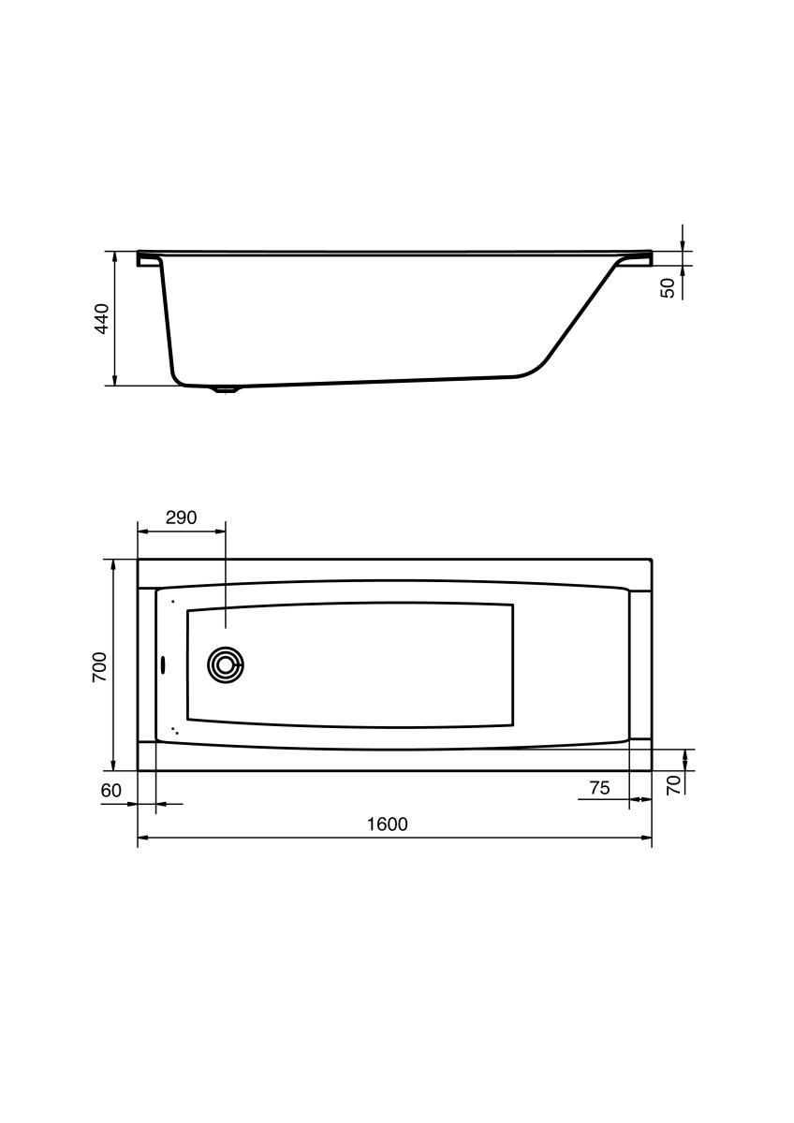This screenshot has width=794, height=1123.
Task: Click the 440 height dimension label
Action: (x=102, y=318)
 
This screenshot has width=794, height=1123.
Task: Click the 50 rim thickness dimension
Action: (x=668, y=288)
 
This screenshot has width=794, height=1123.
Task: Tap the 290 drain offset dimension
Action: (x=181, y=518)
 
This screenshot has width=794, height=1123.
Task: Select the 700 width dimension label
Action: (x=99, y=666)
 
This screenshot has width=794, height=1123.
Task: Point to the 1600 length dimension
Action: (x=388, y=824)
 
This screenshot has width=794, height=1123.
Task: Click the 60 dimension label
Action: (x=110, y=790)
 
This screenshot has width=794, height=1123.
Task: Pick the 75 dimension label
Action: (x=599, y=788)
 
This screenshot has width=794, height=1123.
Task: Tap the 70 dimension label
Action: (x=674, y=784)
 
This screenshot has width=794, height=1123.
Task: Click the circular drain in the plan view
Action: (x=226, y=665)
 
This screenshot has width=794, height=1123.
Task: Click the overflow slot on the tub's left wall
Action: (x=162, y=664)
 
